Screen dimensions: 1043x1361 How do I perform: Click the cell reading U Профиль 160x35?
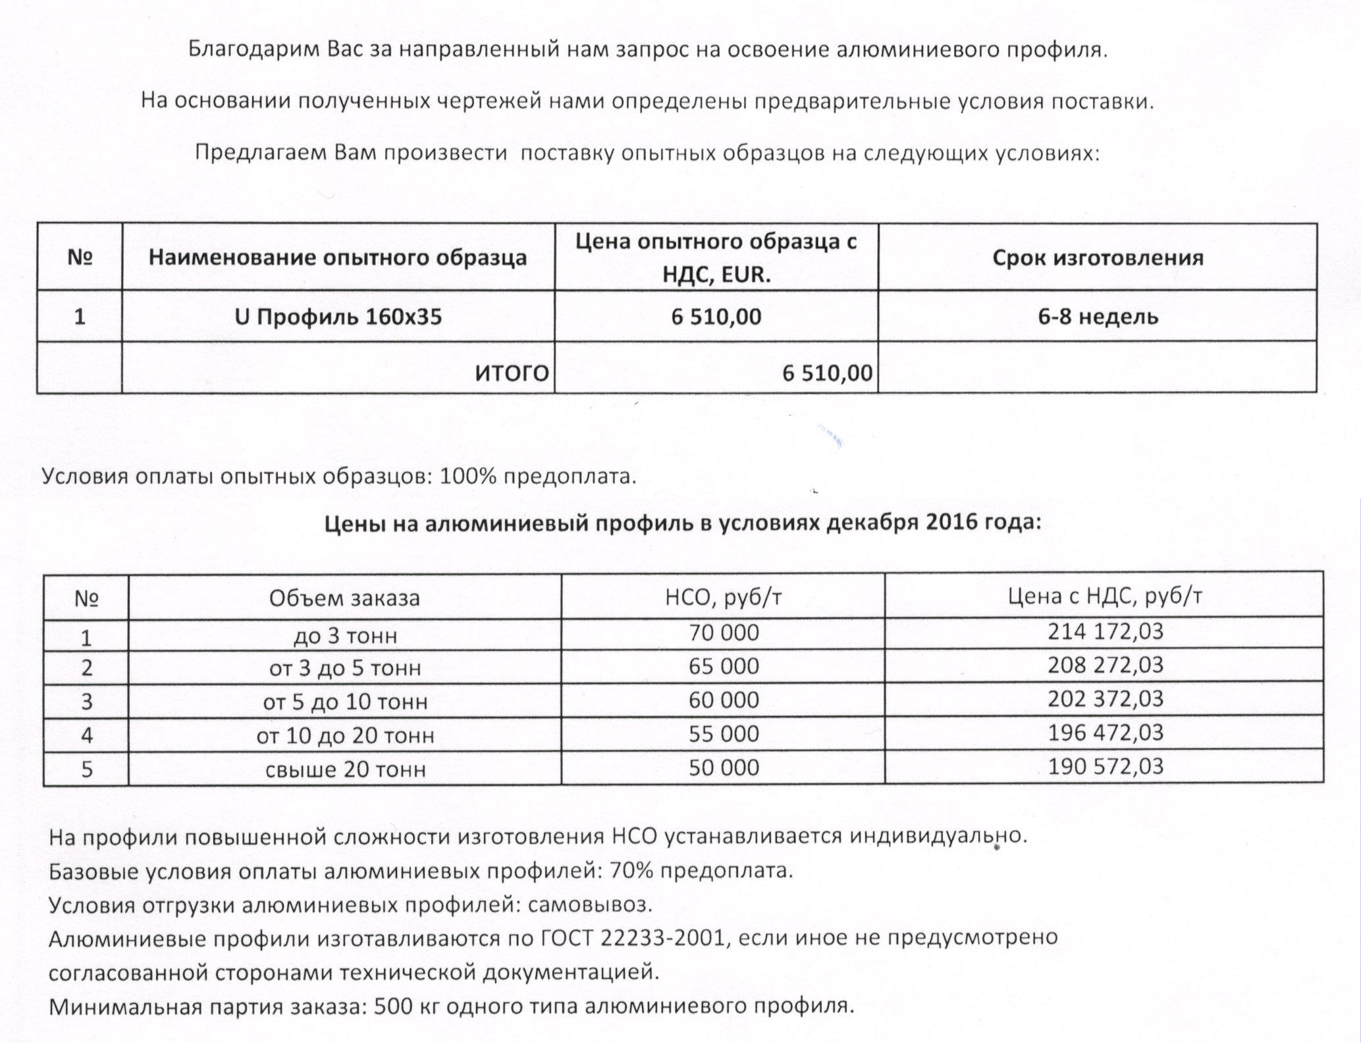(338, 317)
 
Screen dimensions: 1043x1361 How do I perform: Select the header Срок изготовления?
(1098, 257)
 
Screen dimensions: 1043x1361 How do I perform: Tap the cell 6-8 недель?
(1098, 317)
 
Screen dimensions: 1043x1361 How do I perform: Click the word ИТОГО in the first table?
(512, 373)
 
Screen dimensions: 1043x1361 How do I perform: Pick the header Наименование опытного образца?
(338, 257)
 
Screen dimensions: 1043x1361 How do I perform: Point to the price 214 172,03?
(1106, 631)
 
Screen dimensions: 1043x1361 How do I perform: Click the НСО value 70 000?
(724, 633)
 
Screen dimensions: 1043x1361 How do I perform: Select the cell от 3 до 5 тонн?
(345, 668)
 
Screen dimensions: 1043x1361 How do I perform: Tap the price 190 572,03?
(1106, 766)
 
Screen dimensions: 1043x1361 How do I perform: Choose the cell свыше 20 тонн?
(345, 769)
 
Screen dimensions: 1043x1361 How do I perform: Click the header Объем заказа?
(344, 598)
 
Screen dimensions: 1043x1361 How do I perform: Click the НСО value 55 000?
(724, 734)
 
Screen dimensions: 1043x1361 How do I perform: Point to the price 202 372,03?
(1106, 699)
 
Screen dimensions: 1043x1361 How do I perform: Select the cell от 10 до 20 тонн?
(345, 735)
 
